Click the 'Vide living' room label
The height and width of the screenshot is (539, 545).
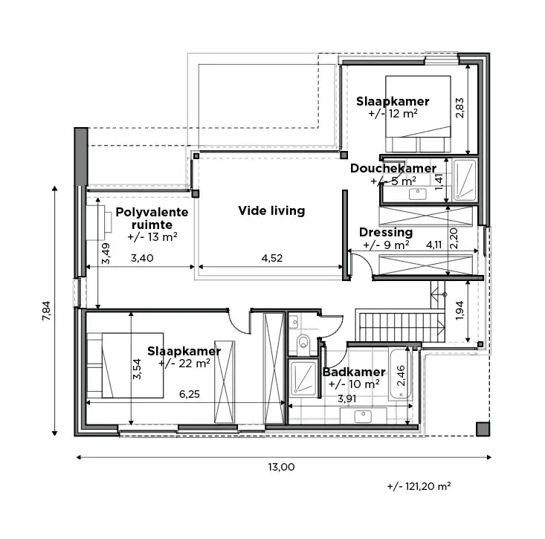[271, 210]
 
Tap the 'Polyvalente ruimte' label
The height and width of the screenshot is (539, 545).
[152, 219]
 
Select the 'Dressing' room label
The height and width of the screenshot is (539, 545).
[385, 232]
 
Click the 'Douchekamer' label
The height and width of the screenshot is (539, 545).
[393, 169]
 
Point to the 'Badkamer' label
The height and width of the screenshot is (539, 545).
[354, 372]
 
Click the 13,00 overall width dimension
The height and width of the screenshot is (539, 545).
[283, 467]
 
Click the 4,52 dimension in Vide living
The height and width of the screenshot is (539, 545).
[271, 259]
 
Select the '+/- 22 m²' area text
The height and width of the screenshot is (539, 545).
[184, 364]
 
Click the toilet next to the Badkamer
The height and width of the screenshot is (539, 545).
[303, 343]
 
